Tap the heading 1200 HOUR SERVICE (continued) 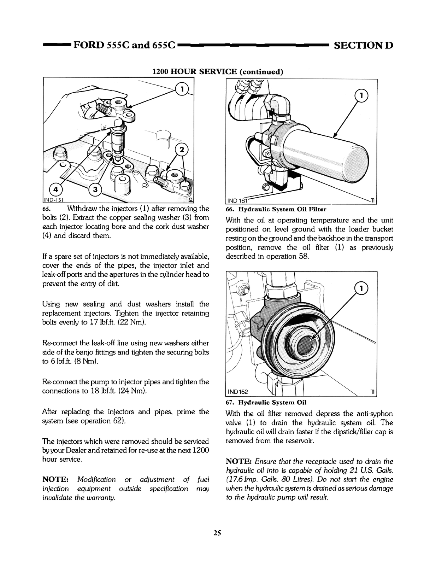point(217,72)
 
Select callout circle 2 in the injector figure point(182,150)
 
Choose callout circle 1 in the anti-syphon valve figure point(361,289)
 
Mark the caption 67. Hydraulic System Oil point(266,402)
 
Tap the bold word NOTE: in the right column point(238,462)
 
